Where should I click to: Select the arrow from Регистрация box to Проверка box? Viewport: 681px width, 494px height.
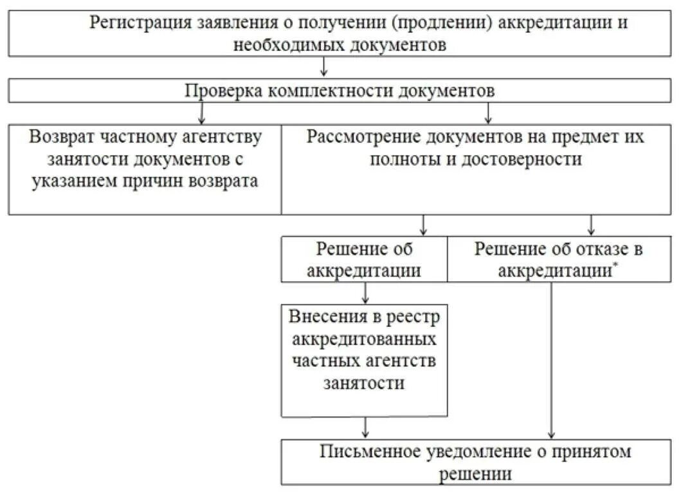pos(324,67)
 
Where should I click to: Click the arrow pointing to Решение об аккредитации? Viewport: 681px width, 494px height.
pos(423,224)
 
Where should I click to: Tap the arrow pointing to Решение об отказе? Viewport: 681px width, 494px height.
pos(591,224)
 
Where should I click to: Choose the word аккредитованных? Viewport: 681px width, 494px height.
pos(364,338)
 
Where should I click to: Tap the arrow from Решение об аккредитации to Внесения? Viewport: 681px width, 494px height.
pos(366,293)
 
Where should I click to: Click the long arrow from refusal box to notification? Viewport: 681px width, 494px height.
pos(551,360)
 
